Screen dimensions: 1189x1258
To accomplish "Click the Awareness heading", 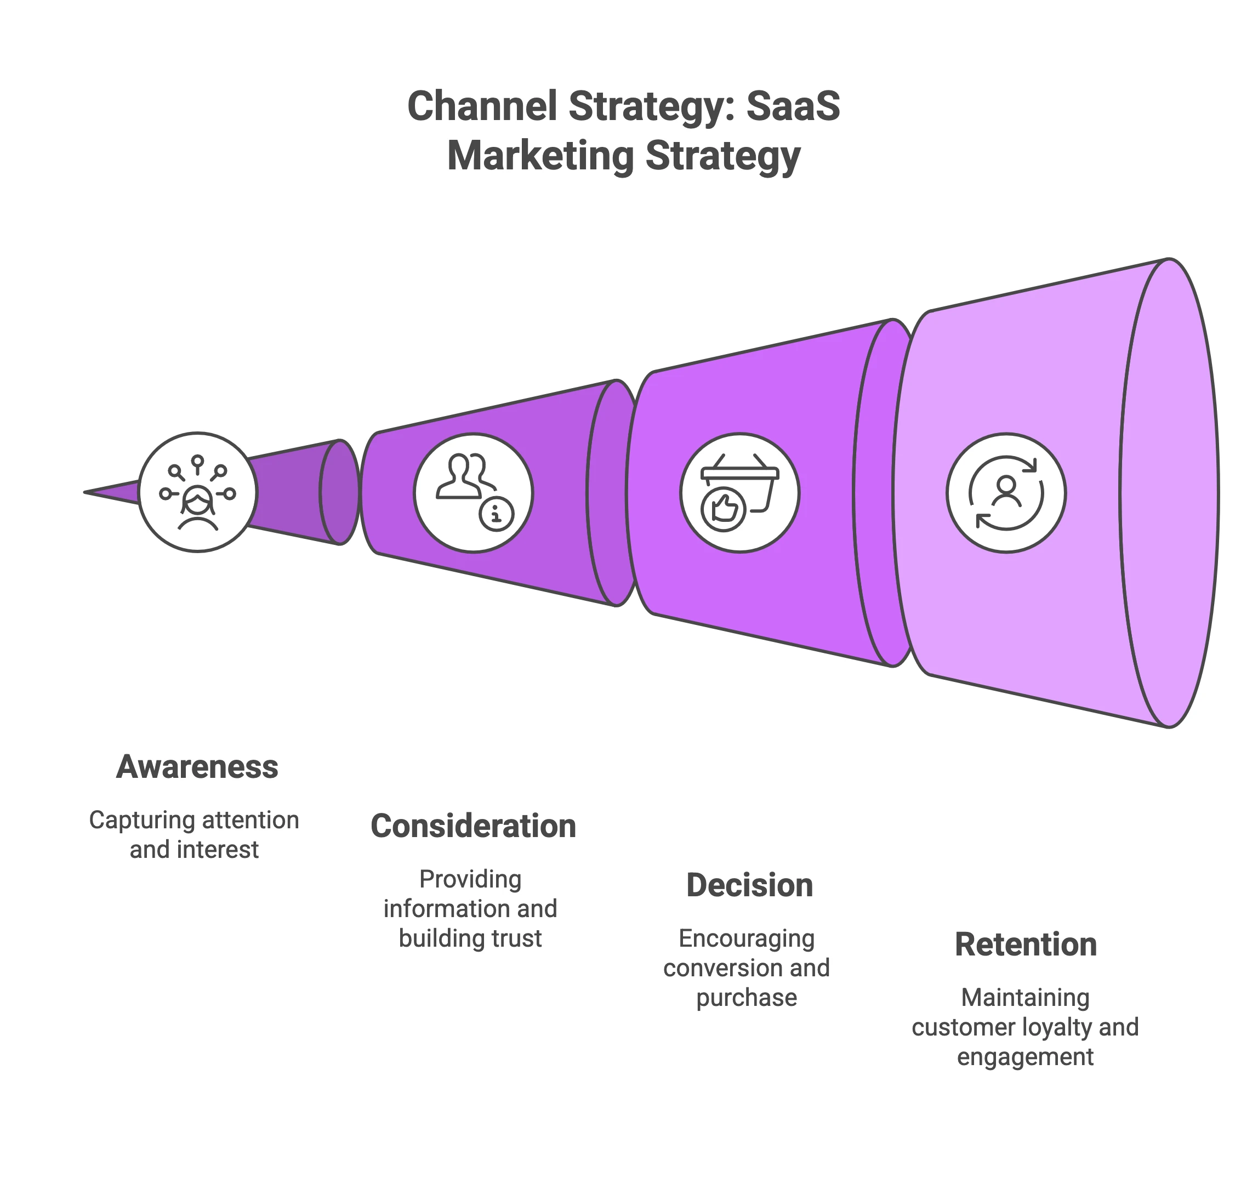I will point(197,767).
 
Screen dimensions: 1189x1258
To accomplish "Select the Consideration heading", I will point(474,826).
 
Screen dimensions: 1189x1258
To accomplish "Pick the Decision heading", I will point(749,885).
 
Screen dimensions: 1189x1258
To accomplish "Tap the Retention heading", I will point(1026,945).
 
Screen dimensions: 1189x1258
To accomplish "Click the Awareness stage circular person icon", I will point(198,492).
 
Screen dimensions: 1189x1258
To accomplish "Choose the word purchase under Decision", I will point(747,998).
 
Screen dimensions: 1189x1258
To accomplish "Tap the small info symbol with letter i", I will point(496,514).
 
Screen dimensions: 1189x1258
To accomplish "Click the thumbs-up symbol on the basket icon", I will point(723,509).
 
